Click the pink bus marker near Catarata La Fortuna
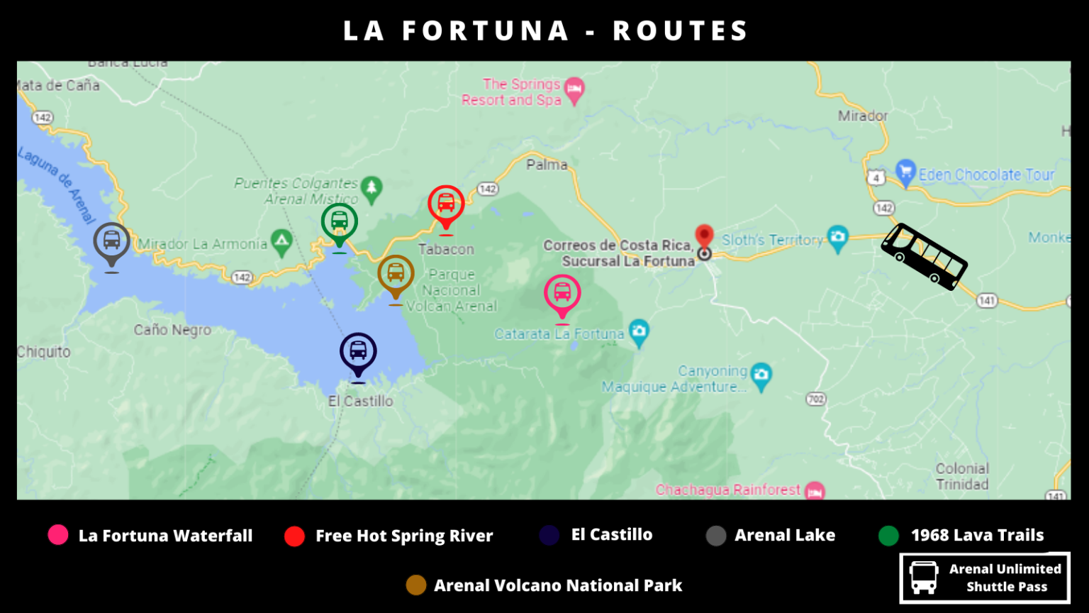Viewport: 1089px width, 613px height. click(x=562, y=293)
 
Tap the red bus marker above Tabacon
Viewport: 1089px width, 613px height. click(x=446, y=204)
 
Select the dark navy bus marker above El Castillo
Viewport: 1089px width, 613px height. click(x=358, y=351)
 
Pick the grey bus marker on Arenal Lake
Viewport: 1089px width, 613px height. click(x=111, y=241)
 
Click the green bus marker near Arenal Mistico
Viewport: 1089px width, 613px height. click(x=340, y=221)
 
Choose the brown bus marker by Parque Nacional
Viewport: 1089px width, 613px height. click(x=396, y=273)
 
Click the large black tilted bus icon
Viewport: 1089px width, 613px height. click(x=924, y=256)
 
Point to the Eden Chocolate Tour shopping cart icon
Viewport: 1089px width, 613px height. click(x=905, y=172)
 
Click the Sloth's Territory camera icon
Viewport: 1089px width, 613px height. click(x=838, y=238)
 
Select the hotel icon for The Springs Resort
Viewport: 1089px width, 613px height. click(x=574, y=89)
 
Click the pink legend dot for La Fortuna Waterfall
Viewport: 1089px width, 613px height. click(x=58, y=535)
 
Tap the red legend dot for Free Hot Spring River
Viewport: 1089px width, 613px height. click(x=294, y=536)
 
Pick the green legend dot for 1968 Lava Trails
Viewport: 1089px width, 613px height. click(x=888, y=536)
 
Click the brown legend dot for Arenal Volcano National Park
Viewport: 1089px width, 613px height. click(x=416, y=585)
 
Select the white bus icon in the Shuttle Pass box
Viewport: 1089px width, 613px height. click(x=924, y=578)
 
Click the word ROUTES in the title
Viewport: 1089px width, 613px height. click(x=680, y=31)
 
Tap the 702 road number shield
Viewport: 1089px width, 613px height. click(x=816, y=399)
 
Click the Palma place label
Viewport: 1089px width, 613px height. click(x=547, y=165)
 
